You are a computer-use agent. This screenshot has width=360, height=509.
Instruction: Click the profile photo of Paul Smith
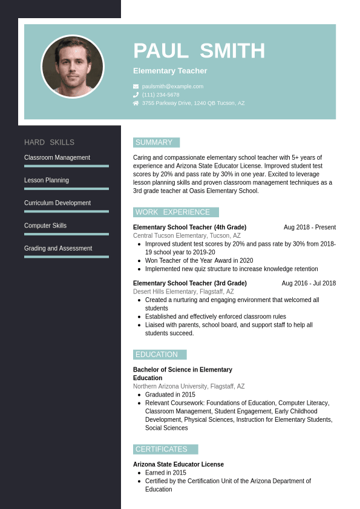coord(73,66)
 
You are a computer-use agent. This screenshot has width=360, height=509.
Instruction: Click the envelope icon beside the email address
coord(136,87)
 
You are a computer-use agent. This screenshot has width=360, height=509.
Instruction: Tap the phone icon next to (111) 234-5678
coord(136,95)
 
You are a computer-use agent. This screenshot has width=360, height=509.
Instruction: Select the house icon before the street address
coord(136,103)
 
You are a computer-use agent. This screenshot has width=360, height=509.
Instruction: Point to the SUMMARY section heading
coord(154,143)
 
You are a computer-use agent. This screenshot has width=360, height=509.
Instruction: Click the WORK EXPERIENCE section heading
coord(173,212)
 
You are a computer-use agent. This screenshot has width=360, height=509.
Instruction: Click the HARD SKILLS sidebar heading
coord(50,142)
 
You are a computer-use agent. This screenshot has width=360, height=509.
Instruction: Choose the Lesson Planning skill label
coord(47,180)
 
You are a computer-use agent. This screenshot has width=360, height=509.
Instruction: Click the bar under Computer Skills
coord(67,234)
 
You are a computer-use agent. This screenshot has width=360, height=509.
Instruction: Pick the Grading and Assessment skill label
coord(58,248)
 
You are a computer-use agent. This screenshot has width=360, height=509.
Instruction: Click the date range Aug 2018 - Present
coord(310,228)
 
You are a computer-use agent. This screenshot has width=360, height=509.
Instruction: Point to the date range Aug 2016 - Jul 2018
coord(309,283)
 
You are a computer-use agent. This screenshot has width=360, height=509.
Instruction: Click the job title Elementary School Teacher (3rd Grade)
coord(190,283)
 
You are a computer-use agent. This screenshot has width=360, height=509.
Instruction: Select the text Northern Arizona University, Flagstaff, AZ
coord(189,386)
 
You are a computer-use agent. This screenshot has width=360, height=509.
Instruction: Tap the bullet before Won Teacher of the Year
coord(139,261)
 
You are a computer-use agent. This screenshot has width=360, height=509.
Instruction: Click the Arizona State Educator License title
coord(178,464)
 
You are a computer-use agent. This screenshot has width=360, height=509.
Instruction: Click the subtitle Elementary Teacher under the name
coord(170,71)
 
